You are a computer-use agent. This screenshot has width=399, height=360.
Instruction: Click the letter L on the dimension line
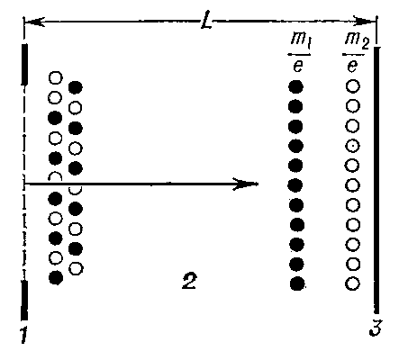pos(206,21)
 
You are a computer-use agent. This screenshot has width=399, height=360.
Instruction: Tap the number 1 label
pos(23,334)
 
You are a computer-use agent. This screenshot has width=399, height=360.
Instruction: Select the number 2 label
pos(189,282)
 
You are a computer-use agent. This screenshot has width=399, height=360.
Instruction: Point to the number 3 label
pos(376,328)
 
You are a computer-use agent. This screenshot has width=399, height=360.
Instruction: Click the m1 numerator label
pos(300,40)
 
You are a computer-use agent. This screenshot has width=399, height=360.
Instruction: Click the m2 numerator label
pos(357,40)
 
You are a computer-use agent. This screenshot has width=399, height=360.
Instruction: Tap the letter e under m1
pos(297,66)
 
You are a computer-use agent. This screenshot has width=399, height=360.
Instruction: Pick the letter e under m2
pos(351,66)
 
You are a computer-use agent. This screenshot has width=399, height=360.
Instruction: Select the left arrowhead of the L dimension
pos(33,22)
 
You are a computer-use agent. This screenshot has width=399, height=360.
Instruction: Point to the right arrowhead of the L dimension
pos(365,22)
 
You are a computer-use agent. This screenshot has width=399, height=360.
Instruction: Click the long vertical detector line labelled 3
pos(376,180)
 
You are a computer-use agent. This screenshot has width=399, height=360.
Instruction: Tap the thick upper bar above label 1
pos(24,65)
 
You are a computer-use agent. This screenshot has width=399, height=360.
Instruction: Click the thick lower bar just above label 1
pos(24,301)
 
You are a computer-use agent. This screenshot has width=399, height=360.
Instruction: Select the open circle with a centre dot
pos(353,146)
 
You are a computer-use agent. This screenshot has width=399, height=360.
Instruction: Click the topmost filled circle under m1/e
pos(295,87)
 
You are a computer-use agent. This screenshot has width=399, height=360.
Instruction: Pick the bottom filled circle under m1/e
pos(297,283)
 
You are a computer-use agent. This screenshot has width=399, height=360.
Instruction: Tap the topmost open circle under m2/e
pos(353,86)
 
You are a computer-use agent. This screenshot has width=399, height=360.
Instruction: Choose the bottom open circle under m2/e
pos(352,283)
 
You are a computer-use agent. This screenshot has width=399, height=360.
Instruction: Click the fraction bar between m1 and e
pos(299,55)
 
